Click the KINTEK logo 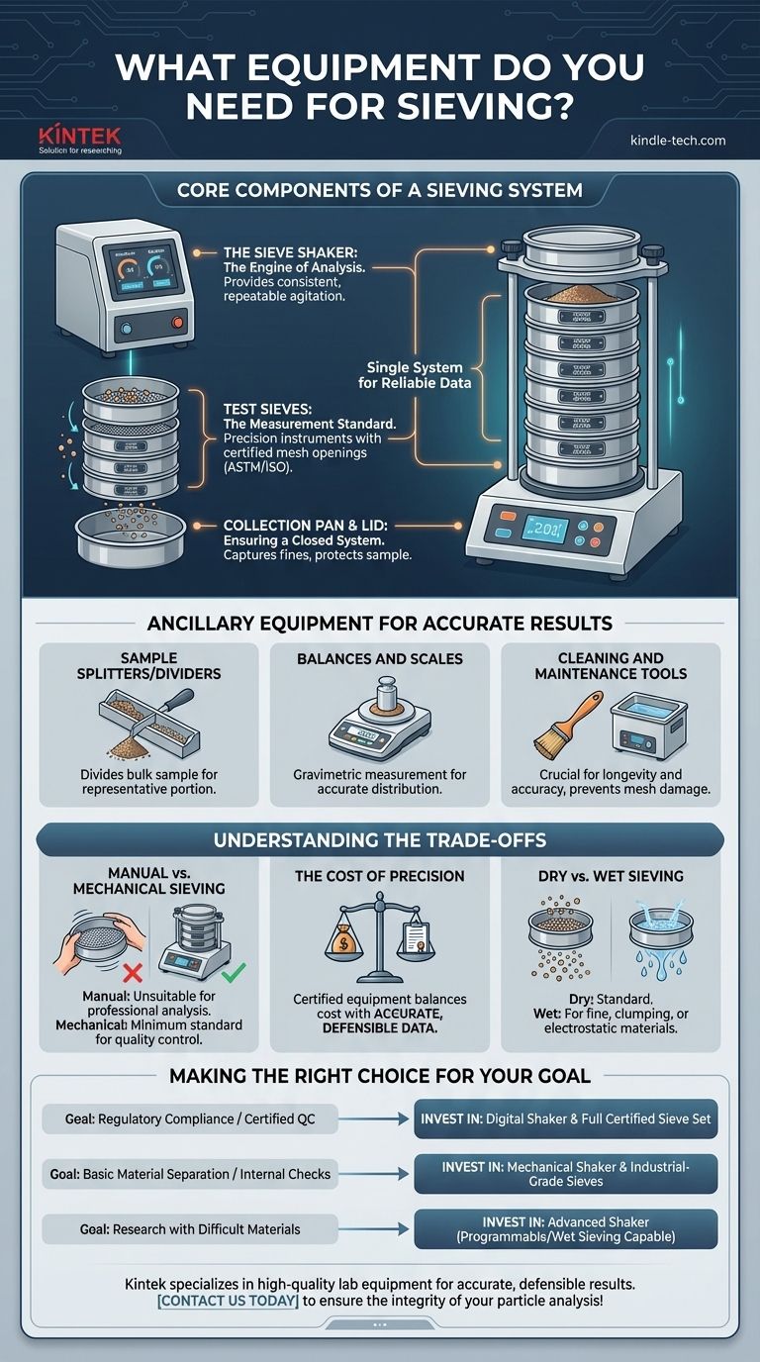[x=79, y=139]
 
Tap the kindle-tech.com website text [x=677, y=141]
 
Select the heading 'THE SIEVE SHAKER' [x=280, y=252]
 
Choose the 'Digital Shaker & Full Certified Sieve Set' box [x=564, y=1119]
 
